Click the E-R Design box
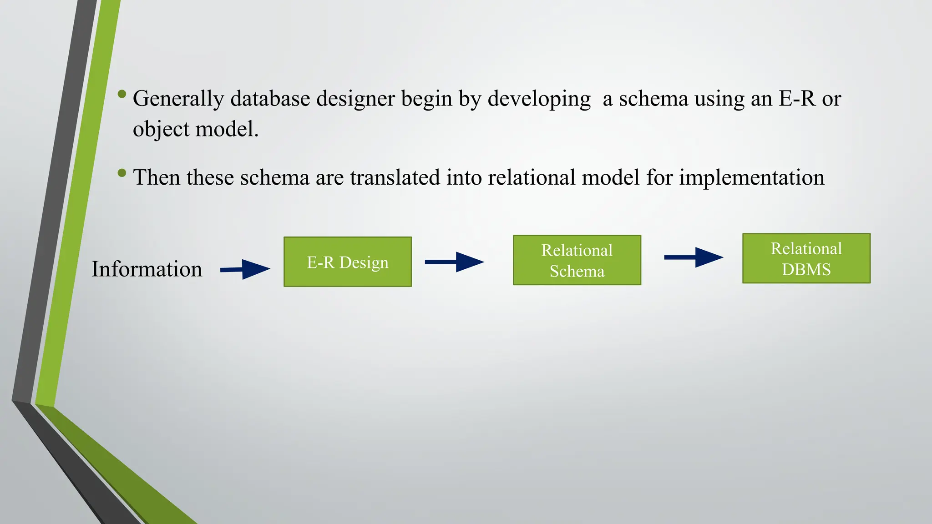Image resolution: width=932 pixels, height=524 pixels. coord(347,262)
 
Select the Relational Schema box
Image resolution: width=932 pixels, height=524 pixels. coord(577,260)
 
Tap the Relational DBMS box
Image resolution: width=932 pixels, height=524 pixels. coord(806,258)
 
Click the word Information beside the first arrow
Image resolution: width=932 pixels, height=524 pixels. coord(147,269)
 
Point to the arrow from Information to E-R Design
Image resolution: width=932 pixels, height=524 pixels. coord(246,269)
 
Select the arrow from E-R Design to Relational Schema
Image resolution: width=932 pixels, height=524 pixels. coord(454,262)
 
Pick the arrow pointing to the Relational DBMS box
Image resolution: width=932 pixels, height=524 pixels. coord(694,257)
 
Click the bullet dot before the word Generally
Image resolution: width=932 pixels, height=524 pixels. coord(122,94)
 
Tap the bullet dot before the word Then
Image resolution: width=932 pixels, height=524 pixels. coord(122,173)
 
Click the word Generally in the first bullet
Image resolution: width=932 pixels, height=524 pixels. coord(178,99)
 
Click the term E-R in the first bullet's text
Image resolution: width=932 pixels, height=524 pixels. coord(797,98)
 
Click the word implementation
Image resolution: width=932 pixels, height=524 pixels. coord(751,178)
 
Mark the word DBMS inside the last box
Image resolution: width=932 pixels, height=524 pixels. coord(806,269)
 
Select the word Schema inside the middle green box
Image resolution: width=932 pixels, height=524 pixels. coord(577,271)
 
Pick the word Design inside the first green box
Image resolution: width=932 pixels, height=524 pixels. coord(364,263)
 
